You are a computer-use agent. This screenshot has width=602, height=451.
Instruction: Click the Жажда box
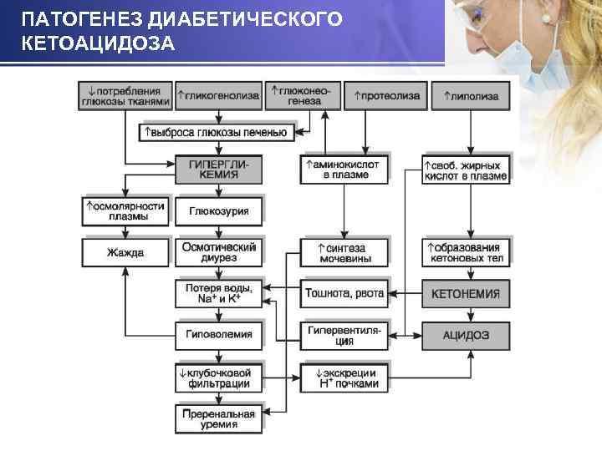pos(125,252)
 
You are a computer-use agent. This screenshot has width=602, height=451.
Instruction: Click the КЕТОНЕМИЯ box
pos(466,294)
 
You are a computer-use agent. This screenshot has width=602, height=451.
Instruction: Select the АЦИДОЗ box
pos(466,335)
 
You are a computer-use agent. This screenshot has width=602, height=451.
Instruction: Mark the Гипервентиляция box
pos(343,335)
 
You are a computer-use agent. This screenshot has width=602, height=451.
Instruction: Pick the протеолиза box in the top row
pos(386,95)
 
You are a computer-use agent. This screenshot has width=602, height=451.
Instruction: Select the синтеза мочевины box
pos(343,252)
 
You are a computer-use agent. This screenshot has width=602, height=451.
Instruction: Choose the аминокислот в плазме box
pos(343,170)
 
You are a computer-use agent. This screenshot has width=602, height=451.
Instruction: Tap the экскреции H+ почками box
pos(343,378)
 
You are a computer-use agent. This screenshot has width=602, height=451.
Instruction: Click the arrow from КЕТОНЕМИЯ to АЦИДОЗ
pos(469,314)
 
